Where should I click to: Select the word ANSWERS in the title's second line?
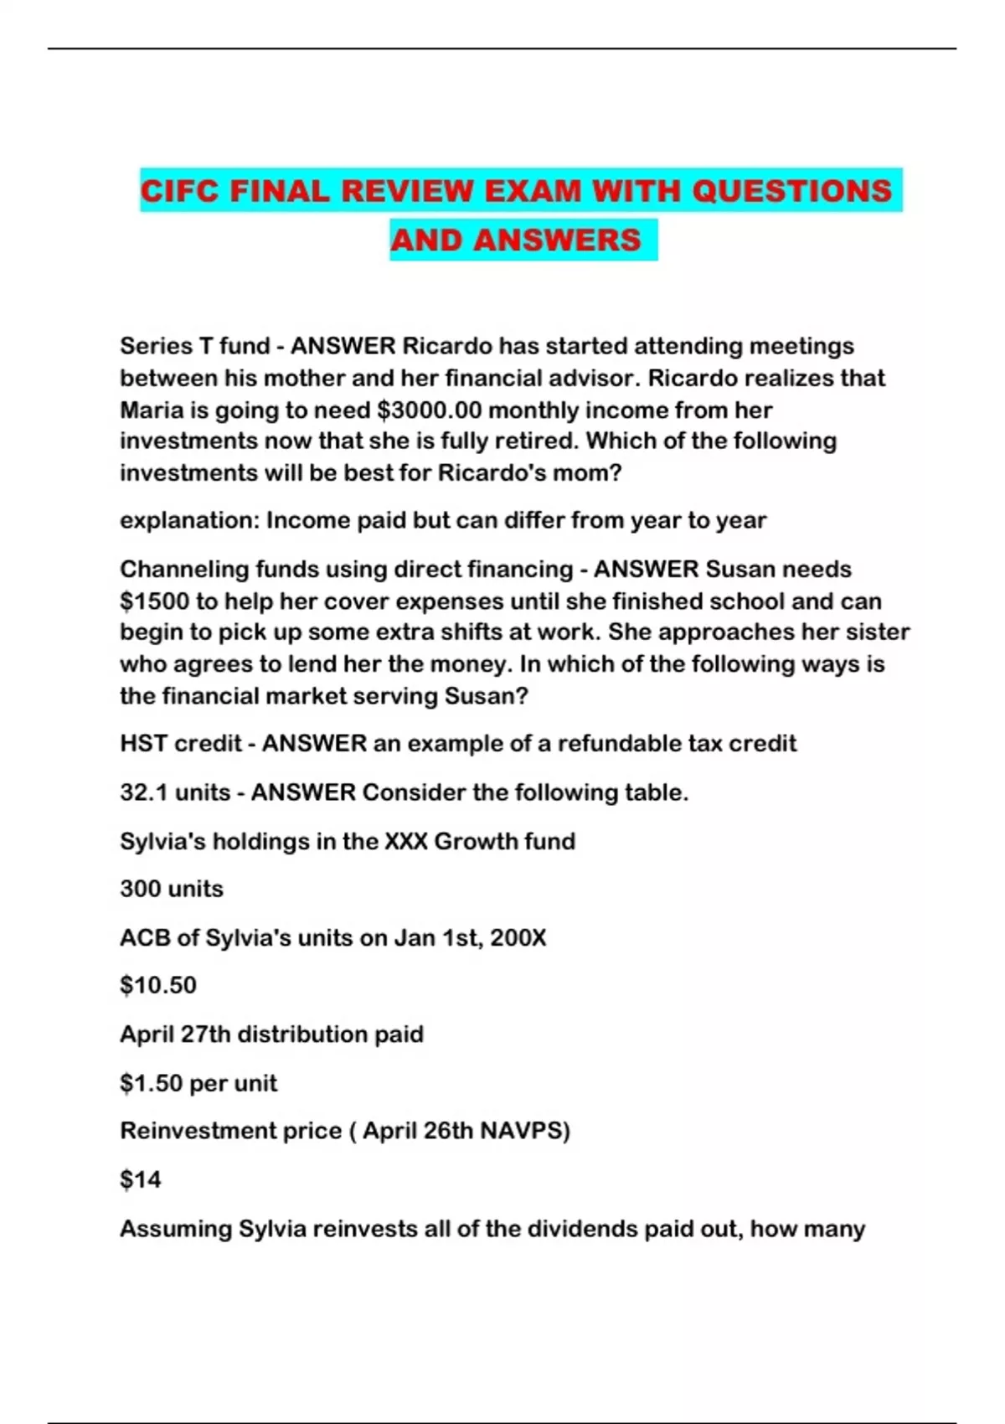(557, 240)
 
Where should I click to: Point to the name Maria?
(150, 410)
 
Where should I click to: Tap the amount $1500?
(154, 601)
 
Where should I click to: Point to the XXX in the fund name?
(405, 841)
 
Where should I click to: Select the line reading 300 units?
(172, 889)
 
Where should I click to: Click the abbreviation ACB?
(144, 937)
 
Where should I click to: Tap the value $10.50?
(158, 985)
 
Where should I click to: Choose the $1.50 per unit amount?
(198, 1083)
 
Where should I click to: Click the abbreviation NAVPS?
(523, 1131)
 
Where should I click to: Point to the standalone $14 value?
(141, 1180)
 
